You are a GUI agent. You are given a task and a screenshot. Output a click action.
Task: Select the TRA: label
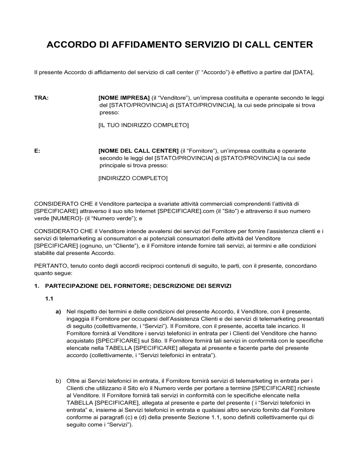[41, 98]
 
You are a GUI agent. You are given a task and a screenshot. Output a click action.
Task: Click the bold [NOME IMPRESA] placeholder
[124, 98]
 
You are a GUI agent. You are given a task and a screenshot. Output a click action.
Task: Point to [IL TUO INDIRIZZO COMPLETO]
[143, 125]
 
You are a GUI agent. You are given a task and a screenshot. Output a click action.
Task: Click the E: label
[37, 151]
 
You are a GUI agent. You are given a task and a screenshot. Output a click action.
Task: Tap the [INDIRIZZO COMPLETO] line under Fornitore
[133, 178]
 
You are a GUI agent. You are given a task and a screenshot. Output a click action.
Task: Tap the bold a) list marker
[58, 311]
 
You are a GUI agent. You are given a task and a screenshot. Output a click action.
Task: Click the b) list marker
[58, 381]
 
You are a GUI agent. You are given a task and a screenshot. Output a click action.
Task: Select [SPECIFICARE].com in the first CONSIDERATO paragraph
[181, 211]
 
